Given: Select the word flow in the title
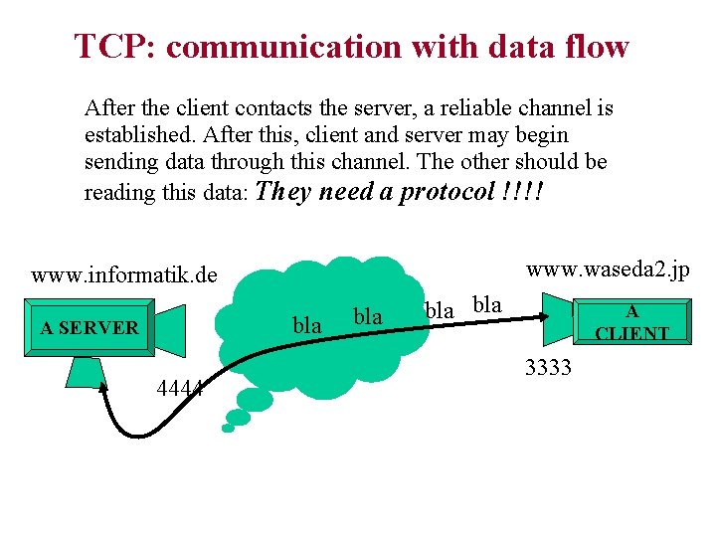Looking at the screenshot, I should pos(596,47).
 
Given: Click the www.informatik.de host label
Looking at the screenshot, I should pos(124,274).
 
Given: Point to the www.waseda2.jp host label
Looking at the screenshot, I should pos(608,269).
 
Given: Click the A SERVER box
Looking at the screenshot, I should pos(89,327).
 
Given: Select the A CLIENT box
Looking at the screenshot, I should pos(631,323).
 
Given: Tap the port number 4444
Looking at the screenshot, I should pos(180,389).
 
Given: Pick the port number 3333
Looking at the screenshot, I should pos(548,368).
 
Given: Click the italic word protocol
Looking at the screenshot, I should pos(447,192).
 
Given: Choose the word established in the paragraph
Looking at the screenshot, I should pos(133,134).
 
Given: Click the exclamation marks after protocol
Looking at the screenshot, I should pos(519,192).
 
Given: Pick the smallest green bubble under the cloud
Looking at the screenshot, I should pos(228,429).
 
